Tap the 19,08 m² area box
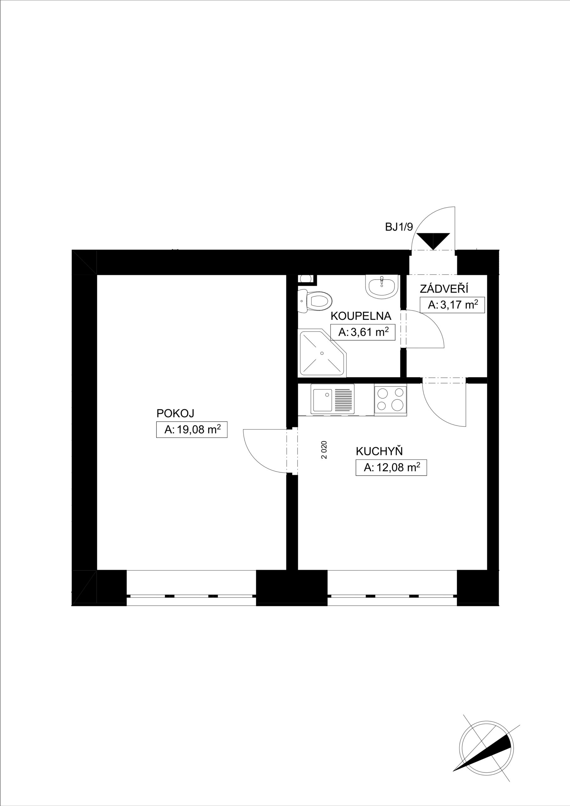pyautogui.click(x=192, y=429)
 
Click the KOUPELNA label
pyautogui.click(x=361, y=316)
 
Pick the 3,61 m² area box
pyautogui.click(x=363, y=332)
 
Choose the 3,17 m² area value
pyautogui.click(x=452, y=305)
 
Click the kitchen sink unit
pyautogui.click(x=332, y=400)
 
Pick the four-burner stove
pyautogui.click(x=390, y=400)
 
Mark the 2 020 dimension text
pyautogui.click(x=324, y=450)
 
